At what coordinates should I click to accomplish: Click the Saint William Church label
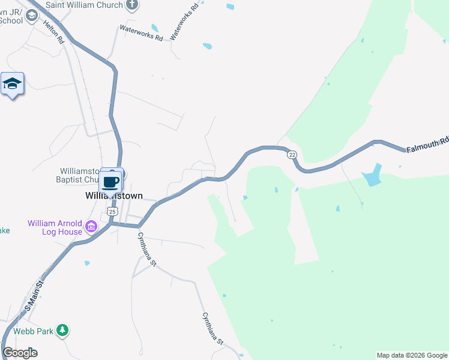coord(83,5)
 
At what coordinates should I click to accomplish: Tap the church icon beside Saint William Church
coord(133,5)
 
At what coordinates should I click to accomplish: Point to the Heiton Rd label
coord(53,32)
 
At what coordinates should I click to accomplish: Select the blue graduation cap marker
coord(12,84)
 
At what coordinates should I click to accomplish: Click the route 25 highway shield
coord(112,211)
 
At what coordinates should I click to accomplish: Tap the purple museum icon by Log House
coord(91,227)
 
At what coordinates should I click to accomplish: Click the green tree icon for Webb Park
coord(62,331)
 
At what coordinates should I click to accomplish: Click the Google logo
coord(20,353)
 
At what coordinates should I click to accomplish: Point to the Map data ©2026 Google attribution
coord(412,355)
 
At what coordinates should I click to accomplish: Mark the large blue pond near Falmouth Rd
coord(371,175)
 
